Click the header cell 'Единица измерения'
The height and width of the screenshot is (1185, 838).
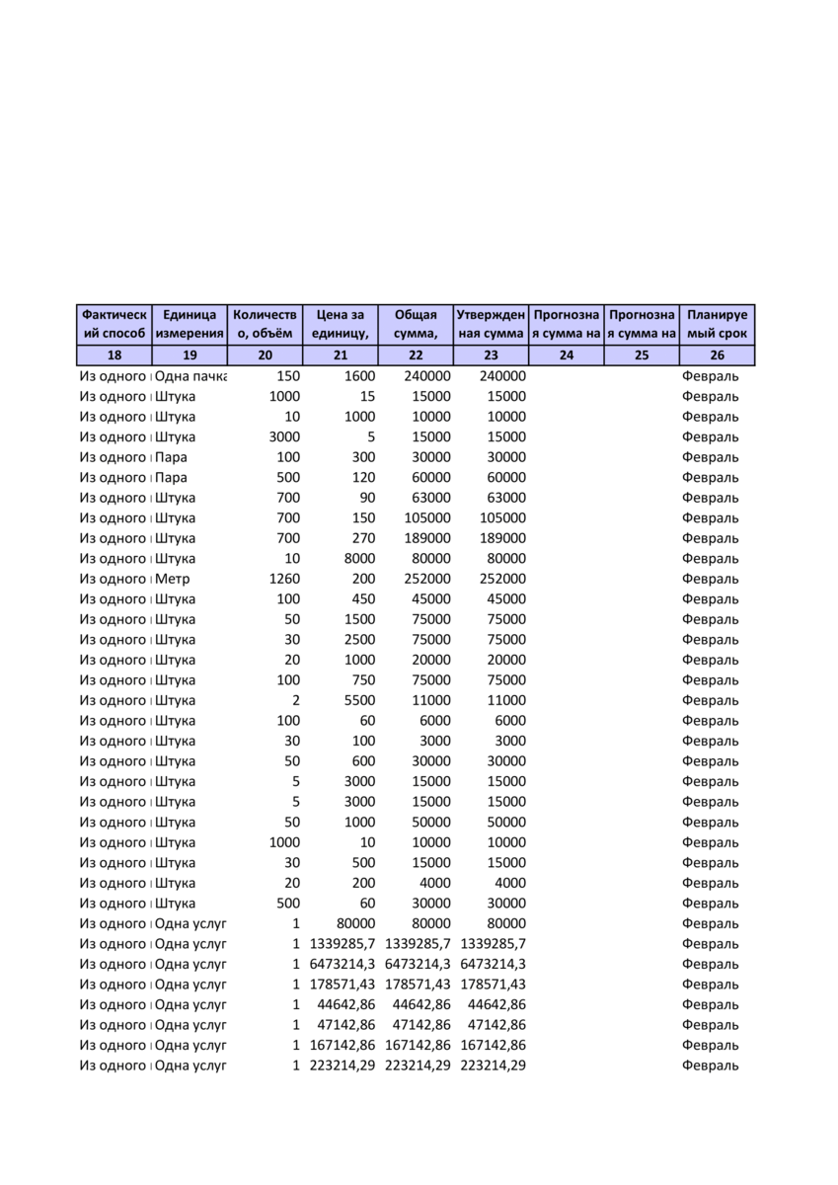pyautogui.click(x=190, y=325)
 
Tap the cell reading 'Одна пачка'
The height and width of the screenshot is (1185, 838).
pyautogui.click(x=190, y=376)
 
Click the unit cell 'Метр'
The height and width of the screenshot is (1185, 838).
pyautogui.click(x=174, y=579)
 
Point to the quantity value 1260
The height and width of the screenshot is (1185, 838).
pyautogui.click(x=284, y=579)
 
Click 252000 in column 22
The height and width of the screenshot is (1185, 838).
pyautogui.click(x=427, y=579)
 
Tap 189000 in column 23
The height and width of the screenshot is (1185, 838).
pyautogui.click(x=502, y=538)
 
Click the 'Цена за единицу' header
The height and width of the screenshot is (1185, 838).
pyautogui.click(x=341, y=325)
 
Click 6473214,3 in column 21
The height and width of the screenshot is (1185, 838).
pyautogui.click(x=343, y=964)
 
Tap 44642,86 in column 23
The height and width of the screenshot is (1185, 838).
pyautogui.click(x=497, y=1004)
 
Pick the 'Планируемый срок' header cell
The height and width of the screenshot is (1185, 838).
pyautogui.click(x=717, y=325)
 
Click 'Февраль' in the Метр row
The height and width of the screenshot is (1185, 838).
pyautogui.click(x=710, y=579)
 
